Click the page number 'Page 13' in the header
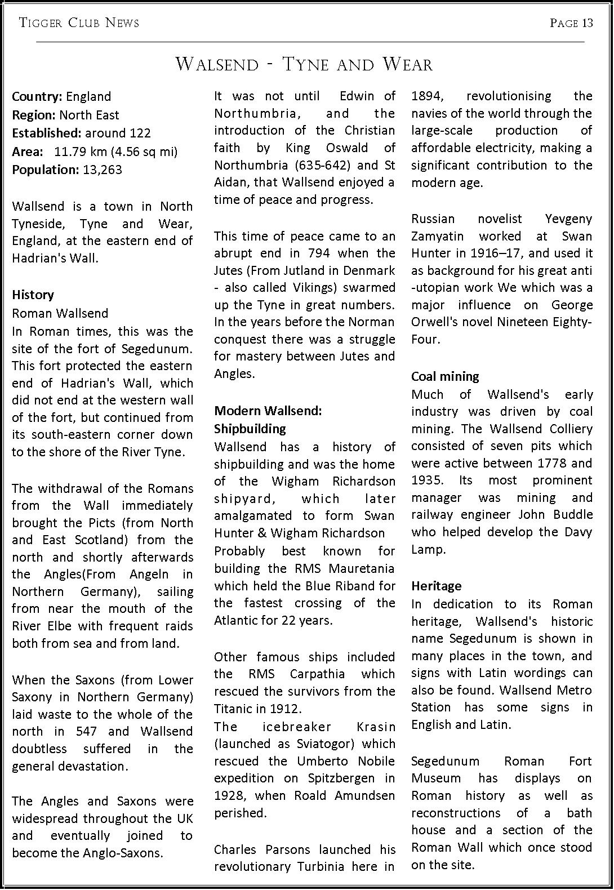[x=571, y=23]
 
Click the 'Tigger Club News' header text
[x=79, y=23]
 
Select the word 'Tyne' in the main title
[x=306, y=64]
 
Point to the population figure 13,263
[x=102, y=170]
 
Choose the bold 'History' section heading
[x=33, y=295]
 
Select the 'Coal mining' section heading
[x=445, y=376]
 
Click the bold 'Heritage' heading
[x=436, y=586]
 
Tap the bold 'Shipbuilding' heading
[x=250, y=429]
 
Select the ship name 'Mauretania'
[x=366, y=568]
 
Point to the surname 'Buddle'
[x=573, y=515]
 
